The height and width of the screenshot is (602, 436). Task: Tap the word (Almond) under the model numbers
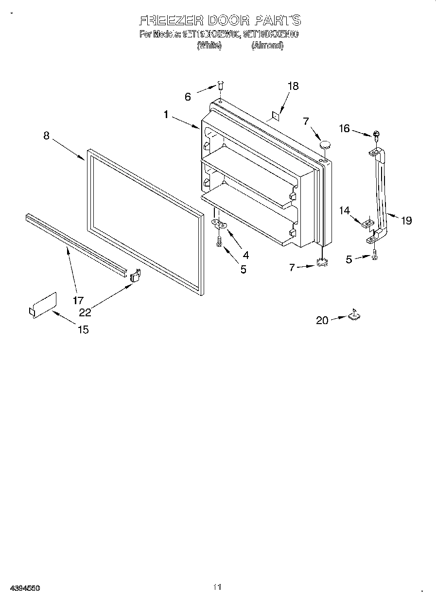pos(267,45)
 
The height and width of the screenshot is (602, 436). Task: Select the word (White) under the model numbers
pos(209,45)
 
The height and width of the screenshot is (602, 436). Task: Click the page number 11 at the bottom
pos(217,587)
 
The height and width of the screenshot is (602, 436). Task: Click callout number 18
pos(293,86)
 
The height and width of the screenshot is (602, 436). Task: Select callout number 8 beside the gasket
pos(46,136)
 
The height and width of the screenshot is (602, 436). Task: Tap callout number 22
pos(85,312)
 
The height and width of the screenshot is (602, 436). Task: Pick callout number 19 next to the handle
pos(406,221)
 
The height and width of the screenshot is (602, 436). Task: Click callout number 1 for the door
pos(166,115)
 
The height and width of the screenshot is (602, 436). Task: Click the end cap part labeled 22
pos(135,275)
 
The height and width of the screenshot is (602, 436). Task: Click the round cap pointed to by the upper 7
pos(324,144)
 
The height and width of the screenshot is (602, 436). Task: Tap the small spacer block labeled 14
pos(368,223)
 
